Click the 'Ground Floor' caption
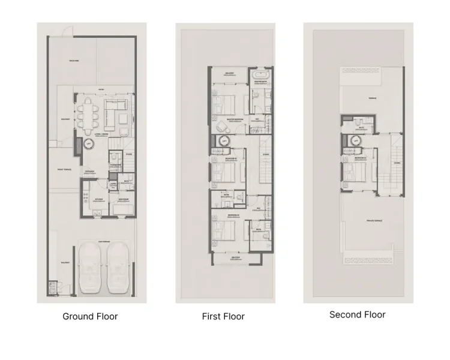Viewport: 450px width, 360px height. pyautogui.click(x=90, y=316)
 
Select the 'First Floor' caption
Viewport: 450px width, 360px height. pyautogui.click(x=223, y=316)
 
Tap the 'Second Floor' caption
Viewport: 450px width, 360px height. pyautogui.click(x=357, y=314)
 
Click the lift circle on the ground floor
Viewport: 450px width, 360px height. pyautogui.click(x=88, y=143)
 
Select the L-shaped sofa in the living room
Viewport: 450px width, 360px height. pyautogui.click(x=115, y=110)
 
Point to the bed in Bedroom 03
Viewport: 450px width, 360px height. pyautogui.click(x=227, y=229)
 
